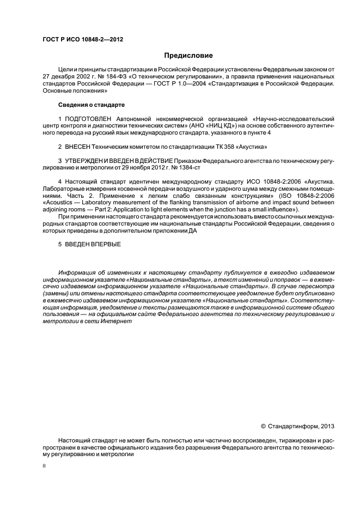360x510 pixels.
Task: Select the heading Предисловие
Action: (x=188, y=56)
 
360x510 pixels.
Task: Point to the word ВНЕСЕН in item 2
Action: (x=78, y=147)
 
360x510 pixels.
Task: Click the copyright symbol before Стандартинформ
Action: (x=264, y=426)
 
